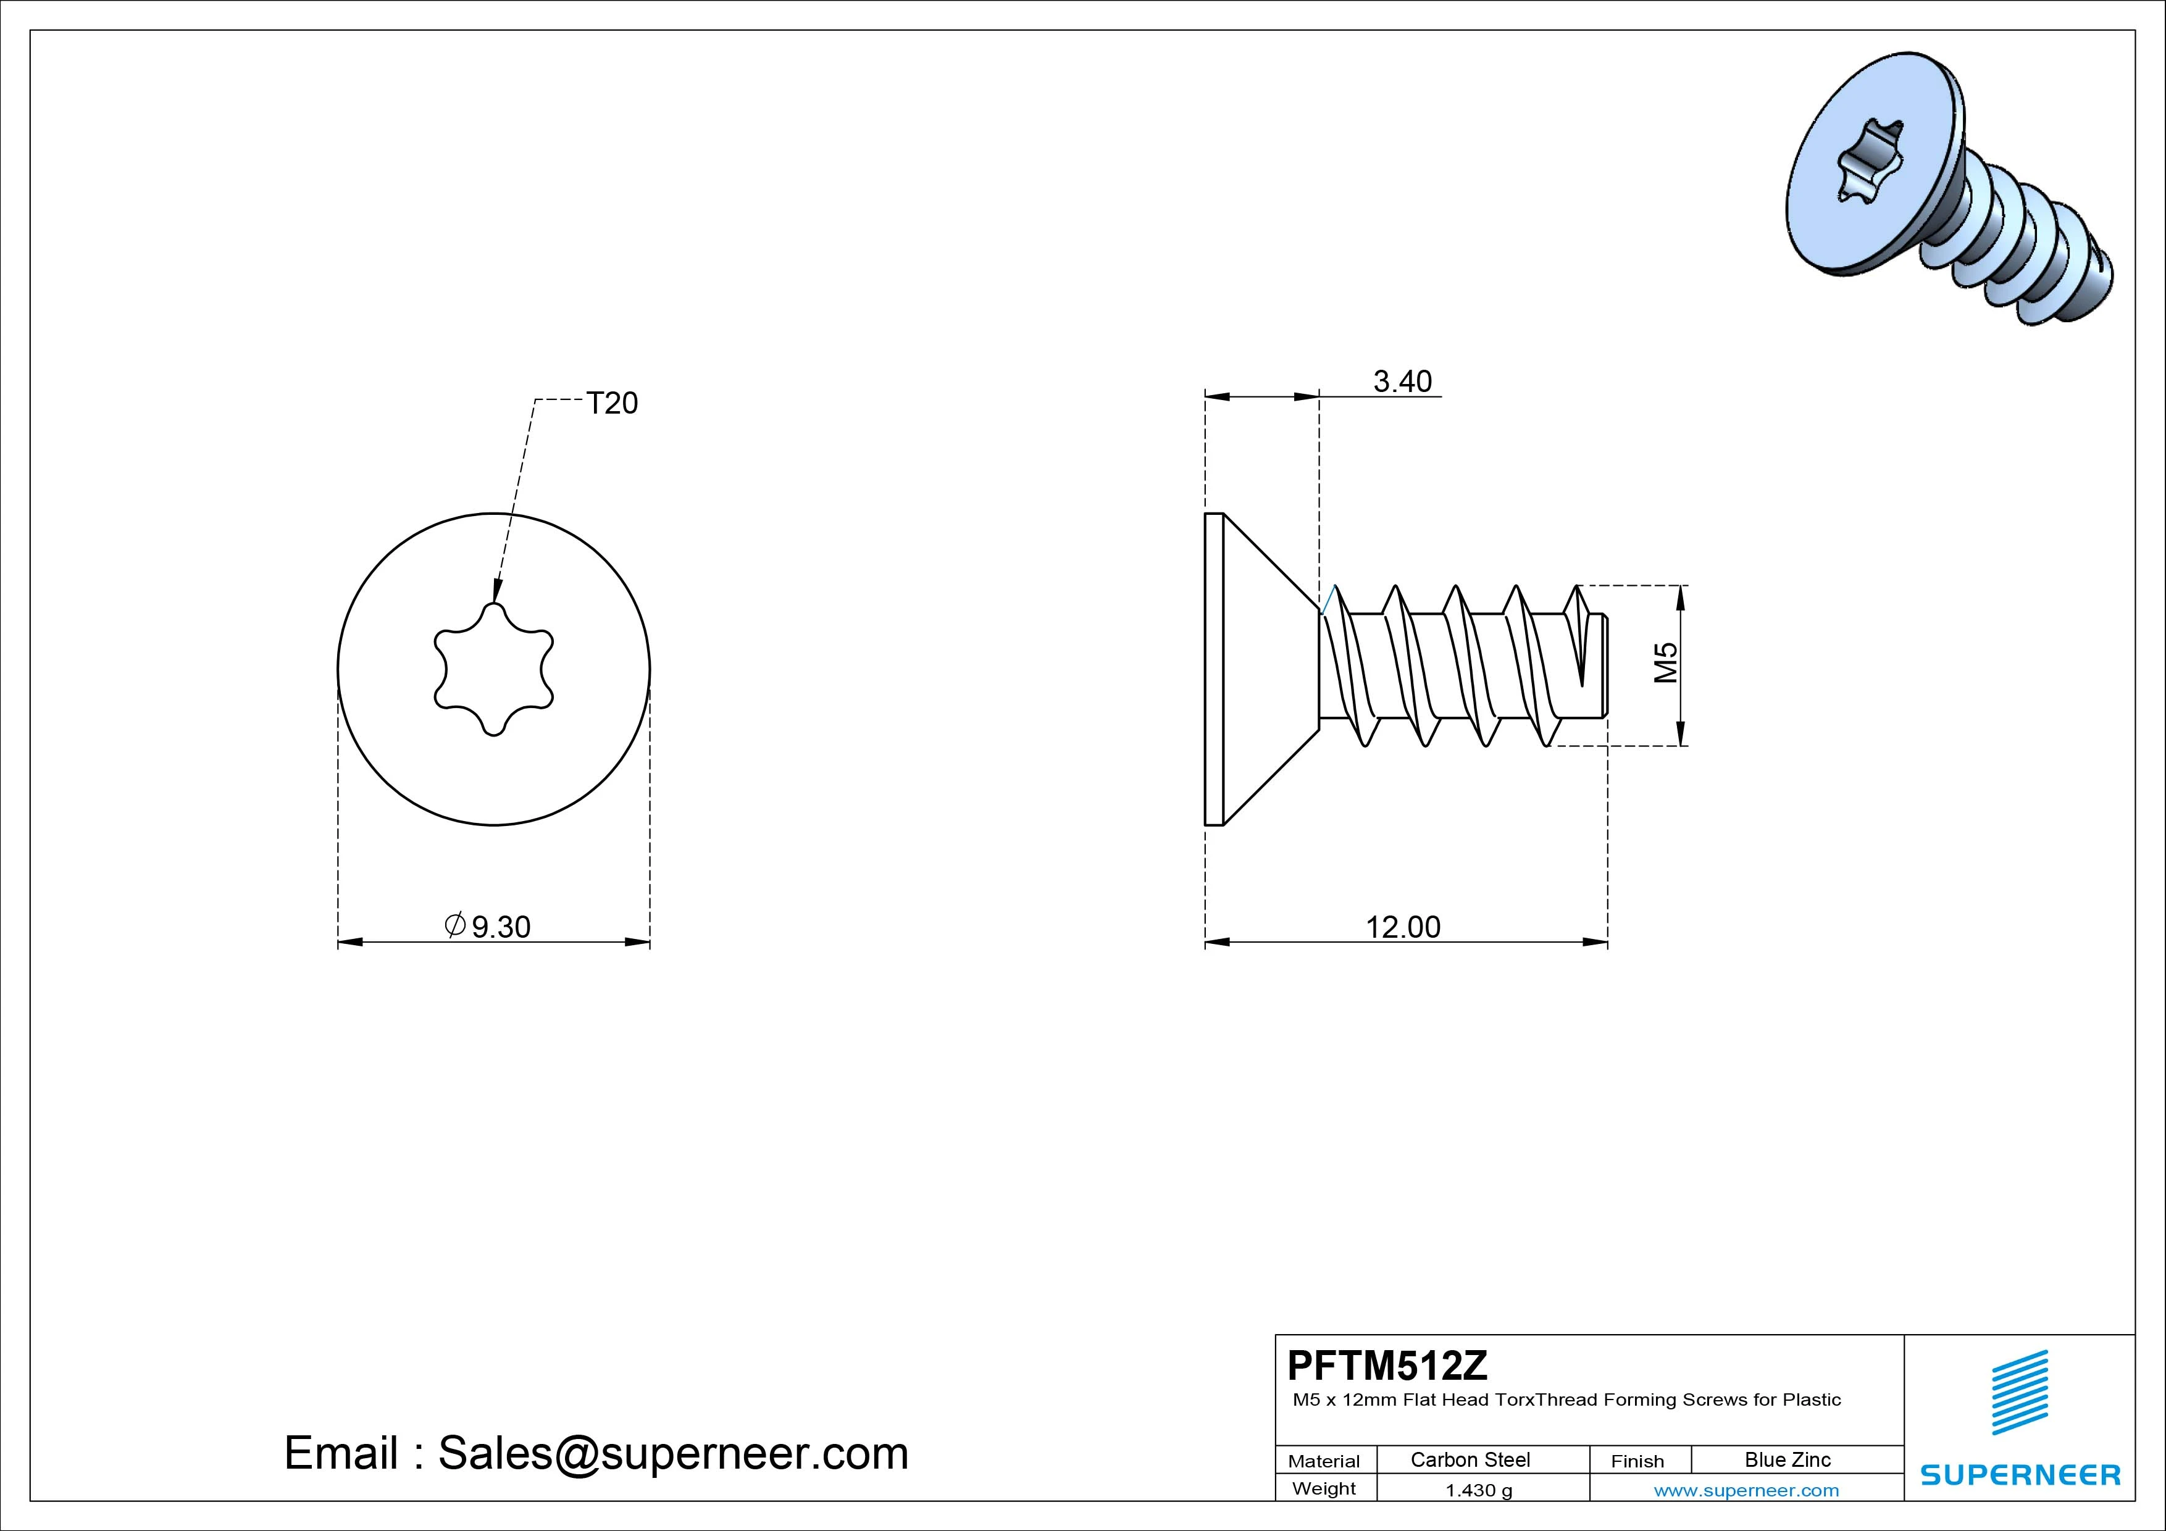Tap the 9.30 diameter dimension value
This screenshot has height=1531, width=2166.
point(501,927)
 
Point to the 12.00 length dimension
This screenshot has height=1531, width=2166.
point(1403,927)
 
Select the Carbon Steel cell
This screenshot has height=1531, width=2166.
point(1470,1459)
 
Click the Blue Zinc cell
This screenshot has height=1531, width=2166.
point(1788,1459)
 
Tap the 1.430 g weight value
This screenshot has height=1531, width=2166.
point(1478,1490)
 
